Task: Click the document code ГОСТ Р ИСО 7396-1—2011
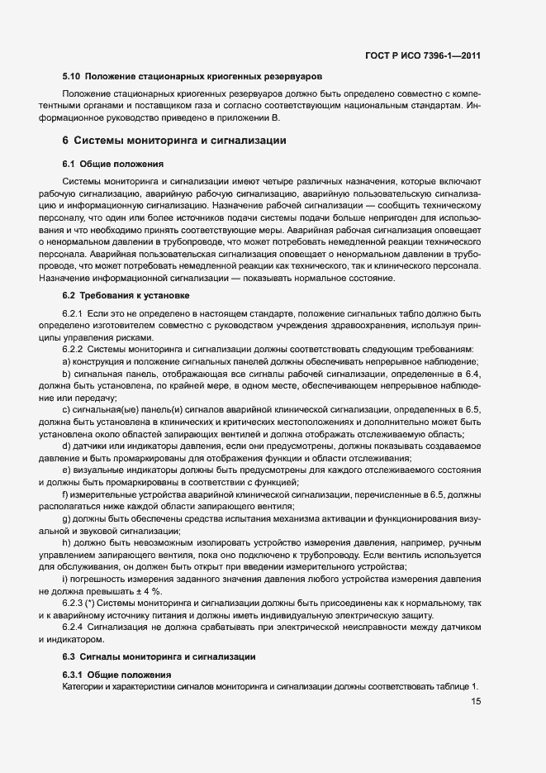point(423,56)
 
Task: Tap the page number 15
point(476,702)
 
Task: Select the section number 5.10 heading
point(71,76)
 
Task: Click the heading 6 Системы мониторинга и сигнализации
point(174,141)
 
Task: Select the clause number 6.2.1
point(74,315)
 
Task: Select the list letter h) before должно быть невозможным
point(66,542)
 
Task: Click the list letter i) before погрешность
point(65,580)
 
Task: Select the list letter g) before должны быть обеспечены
point(66,519)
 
